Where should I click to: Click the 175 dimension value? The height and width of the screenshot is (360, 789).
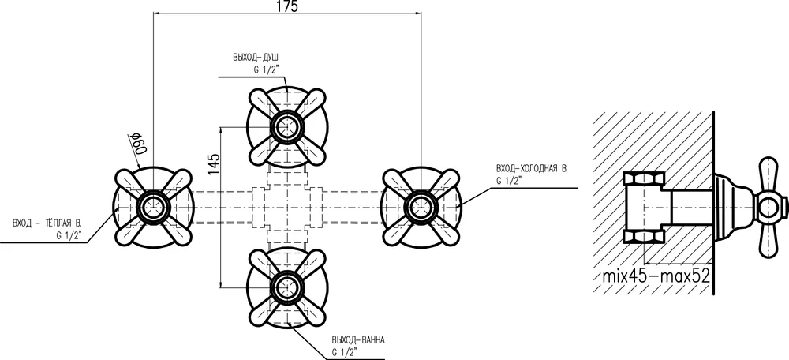288,6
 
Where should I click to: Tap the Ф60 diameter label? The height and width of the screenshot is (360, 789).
138,143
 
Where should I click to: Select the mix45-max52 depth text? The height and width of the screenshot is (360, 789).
656,276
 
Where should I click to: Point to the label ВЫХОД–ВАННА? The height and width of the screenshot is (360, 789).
358,339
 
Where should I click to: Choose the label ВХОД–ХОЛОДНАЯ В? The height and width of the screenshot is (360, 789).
531,169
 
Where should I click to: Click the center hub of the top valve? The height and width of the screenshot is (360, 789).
287,126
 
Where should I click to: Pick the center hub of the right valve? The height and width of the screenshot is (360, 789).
421,206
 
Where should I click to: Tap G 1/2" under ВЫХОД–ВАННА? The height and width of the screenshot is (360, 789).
344,351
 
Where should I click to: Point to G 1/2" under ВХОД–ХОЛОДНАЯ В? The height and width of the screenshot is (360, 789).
508,182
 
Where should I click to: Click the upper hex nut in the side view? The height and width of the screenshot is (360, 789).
643,178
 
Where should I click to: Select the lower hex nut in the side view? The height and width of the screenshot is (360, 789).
643,236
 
